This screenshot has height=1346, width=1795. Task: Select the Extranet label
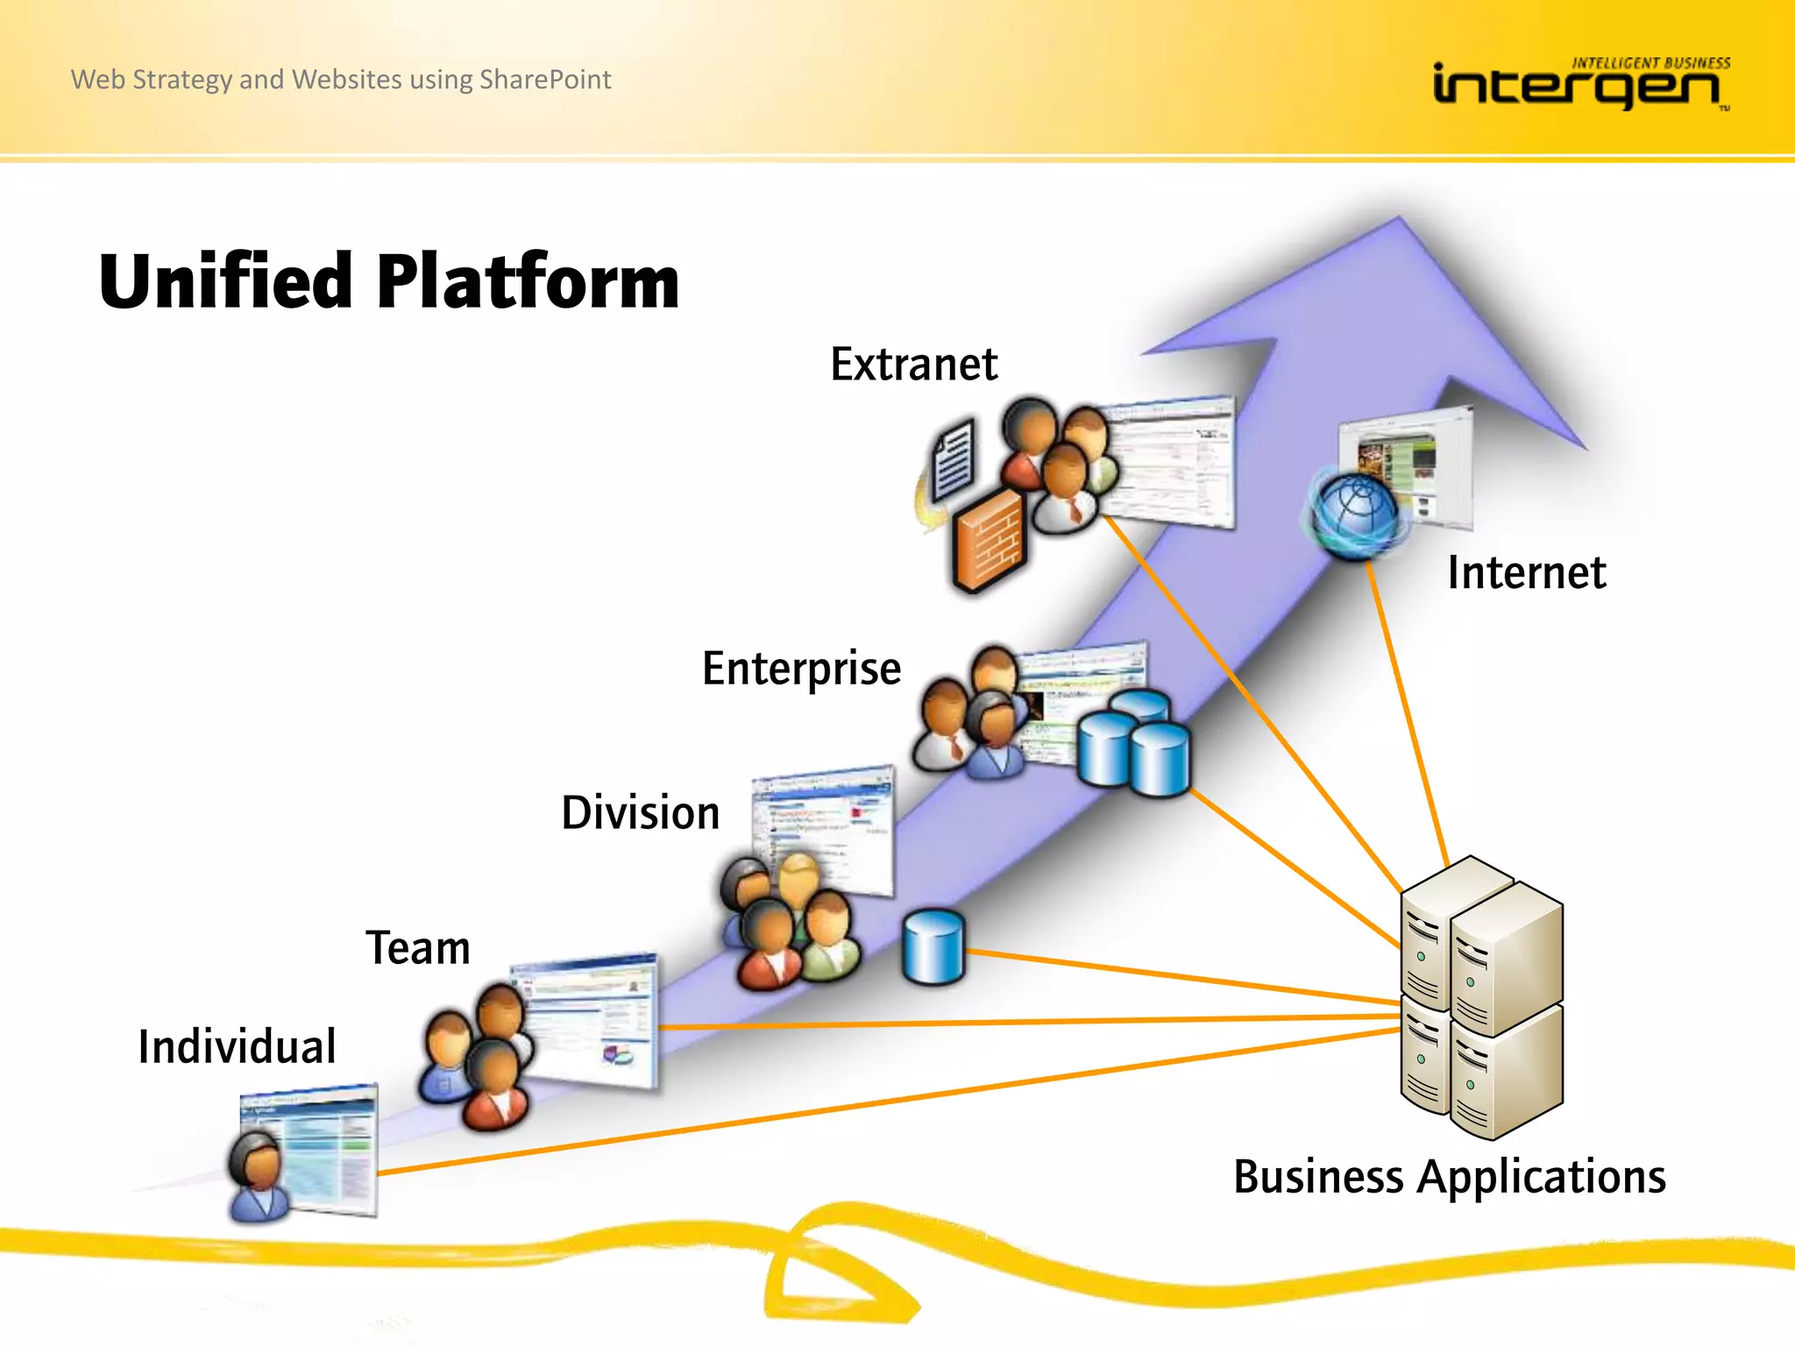pyautogui.click(x=913, y=365)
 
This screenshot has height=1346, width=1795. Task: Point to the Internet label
pyautogui.click(x=1526, y=573)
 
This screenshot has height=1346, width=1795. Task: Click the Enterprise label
pyautogui.click(x=801, y=669)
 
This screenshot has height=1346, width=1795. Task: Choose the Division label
pyautogui.click(x=640, y=813)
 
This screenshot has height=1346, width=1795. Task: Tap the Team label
pyautogui.click(x=418, y=948)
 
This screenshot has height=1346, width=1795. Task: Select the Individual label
pyautogui.click(x=237, y=1046)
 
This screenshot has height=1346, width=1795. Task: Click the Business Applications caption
pyautogui.click(x=1449, y=1177)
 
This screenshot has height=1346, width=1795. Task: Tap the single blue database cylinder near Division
pyautogui.click(x=933, y=946)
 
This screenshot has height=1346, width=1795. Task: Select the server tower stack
pyautogui.click(x=1481, y=999)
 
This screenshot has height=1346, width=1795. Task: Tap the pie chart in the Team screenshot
pyautogui.click(x=619, y=1054)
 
